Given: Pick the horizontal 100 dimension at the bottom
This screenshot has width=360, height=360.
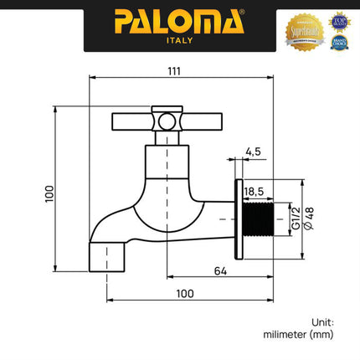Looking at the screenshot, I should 185,293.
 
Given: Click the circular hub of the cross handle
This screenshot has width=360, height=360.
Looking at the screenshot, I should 168,122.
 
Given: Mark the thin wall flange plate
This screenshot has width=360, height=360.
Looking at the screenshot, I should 239,216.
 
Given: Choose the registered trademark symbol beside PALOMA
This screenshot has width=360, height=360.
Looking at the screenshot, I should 244,13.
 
